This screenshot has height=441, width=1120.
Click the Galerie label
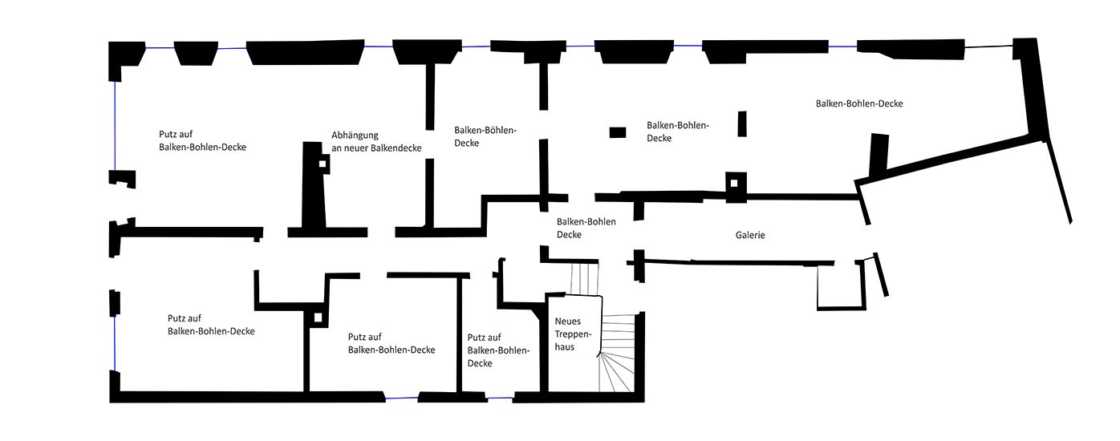(750, 235)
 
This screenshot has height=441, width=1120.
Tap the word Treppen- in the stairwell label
(573, 334)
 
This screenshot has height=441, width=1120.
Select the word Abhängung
(355, 136)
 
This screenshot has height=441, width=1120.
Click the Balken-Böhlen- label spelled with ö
(485, 131)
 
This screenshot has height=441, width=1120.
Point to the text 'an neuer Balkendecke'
(376, 148)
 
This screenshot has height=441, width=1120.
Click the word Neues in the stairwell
(567, 322)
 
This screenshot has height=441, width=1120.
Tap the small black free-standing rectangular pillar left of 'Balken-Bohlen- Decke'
(618, 132)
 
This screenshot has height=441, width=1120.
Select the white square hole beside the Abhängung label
(323, 164)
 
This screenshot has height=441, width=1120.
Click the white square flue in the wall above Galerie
(733, 184)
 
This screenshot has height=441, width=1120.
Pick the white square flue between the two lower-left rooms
(318, 318)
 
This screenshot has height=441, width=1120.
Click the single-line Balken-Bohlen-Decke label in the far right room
(859, 104)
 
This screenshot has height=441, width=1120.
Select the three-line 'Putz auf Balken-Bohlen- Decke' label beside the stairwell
(498, 350)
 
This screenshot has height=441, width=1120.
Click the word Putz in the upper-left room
(168, 135)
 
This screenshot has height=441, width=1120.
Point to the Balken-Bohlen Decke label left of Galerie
(586, 228)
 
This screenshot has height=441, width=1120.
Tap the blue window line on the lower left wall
(115, 343)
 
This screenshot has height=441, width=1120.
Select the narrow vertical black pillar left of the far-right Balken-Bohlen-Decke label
(742, 123)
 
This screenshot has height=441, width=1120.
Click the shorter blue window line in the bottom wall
(500, 398)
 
